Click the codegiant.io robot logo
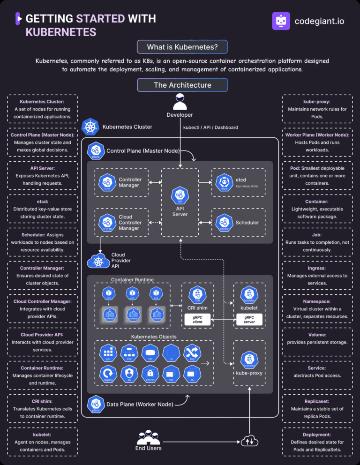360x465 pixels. click(281, 21)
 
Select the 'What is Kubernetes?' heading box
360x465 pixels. click(182, 47)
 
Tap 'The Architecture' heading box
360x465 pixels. click(182, 85)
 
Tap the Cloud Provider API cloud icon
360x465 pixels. click(97, 261)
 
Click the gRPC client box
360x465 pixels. click(197, 320)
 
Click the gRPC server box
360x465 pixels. click(249, 320)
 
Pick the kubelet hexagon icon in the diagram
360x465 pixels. click(249, 295)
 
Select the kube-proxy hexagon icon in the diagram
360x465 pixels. click(249, 359)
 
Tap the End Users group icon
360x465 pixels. click(148, 437)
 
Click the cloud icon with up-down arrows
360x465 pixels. click(249, 441)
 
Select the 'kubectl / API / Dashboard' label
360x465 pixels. click(210, 127)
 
